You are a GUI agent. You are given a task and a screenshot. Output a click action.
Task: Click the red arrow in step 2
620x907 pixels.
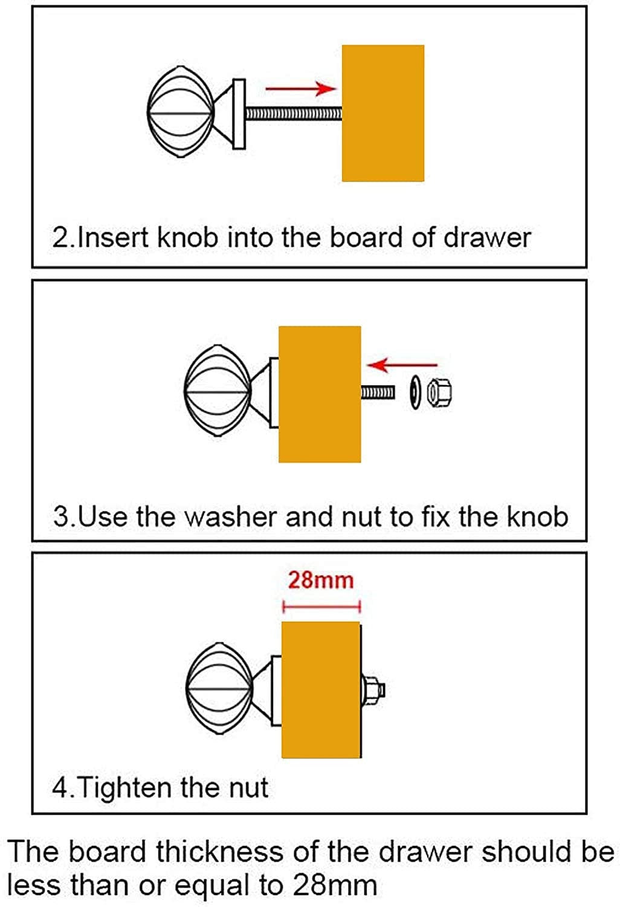[301, 89]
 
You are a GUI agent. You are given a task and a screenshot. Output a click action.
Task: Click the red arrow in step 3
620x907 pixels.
[402, 365]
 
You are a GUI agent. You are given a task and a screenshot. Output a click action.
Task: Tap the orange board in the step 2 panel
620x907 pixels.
[383, 113]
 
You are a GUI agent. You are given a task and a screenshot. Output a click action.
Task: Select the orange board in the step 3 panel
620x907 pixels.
[320, 394]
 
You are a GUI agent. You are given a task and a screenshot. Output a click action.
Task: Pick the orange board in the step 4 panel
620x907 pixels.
[321, 689]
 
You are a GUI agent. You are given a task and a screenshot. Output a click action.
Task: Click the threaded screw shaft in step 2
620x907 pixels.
[294, 114]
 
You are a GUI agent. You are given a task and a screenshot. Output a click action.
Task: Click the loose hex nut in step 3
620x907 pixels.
[439, 392]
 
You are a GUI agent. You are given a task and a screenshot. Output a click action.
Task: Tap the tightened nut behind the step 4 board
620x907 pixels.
[373, 690]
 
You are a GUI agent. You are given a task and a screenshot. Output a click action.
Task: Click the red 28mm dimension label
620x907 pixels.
[321, 580]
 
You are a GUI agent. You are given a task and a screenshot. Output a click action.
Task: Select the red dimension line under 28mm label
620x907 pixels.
[321, 606]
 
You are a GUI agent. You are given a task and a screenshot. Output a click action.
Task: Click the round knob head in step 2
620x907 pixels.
[181, 112]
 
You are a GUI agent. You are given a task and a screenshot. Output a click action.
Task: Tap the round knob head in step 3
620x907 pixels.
[218, 391]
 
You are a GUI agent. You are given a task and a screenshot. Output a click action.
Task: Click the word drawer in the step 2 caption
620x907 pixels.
[487, 238]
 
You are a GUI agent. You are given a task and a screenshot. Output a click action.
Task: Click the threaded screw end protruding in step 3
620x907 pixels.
[377, 392]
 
